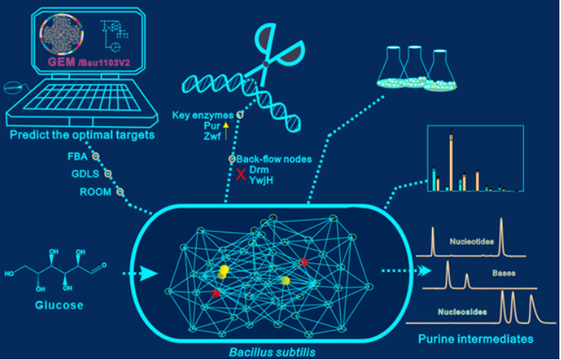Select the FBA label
point(78,157)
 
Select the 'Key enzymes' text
point(201,115)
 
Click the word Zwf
point(212,138)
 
